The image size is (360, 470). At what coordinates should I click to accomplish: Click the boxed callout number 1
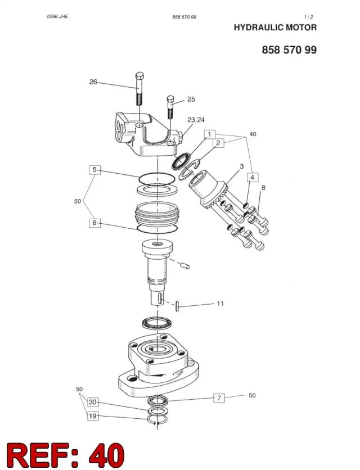point(210,134)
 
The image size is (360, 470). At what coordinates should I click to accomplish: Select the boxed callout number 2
point(218,143)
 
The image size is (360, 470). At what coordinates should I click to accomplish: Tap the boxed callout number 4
point(253,177)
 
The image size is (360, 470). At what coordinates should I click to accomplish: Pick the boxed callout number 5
point(95,170)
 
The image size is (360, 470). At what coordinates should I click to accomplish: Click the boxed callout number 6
point(95,223)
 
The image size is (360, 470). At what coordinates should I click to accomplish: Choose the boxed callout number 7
point(219,398)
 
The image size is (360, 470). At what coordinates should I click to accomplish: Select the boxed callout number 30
point(93,402)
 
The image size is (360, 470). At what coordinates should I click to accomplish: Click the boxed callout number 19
point(93,416)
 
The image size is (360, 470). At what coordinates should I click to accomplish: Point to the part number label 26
point(93,82)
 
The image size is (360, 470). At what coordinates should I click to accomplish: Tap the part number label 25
point(191,99)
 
